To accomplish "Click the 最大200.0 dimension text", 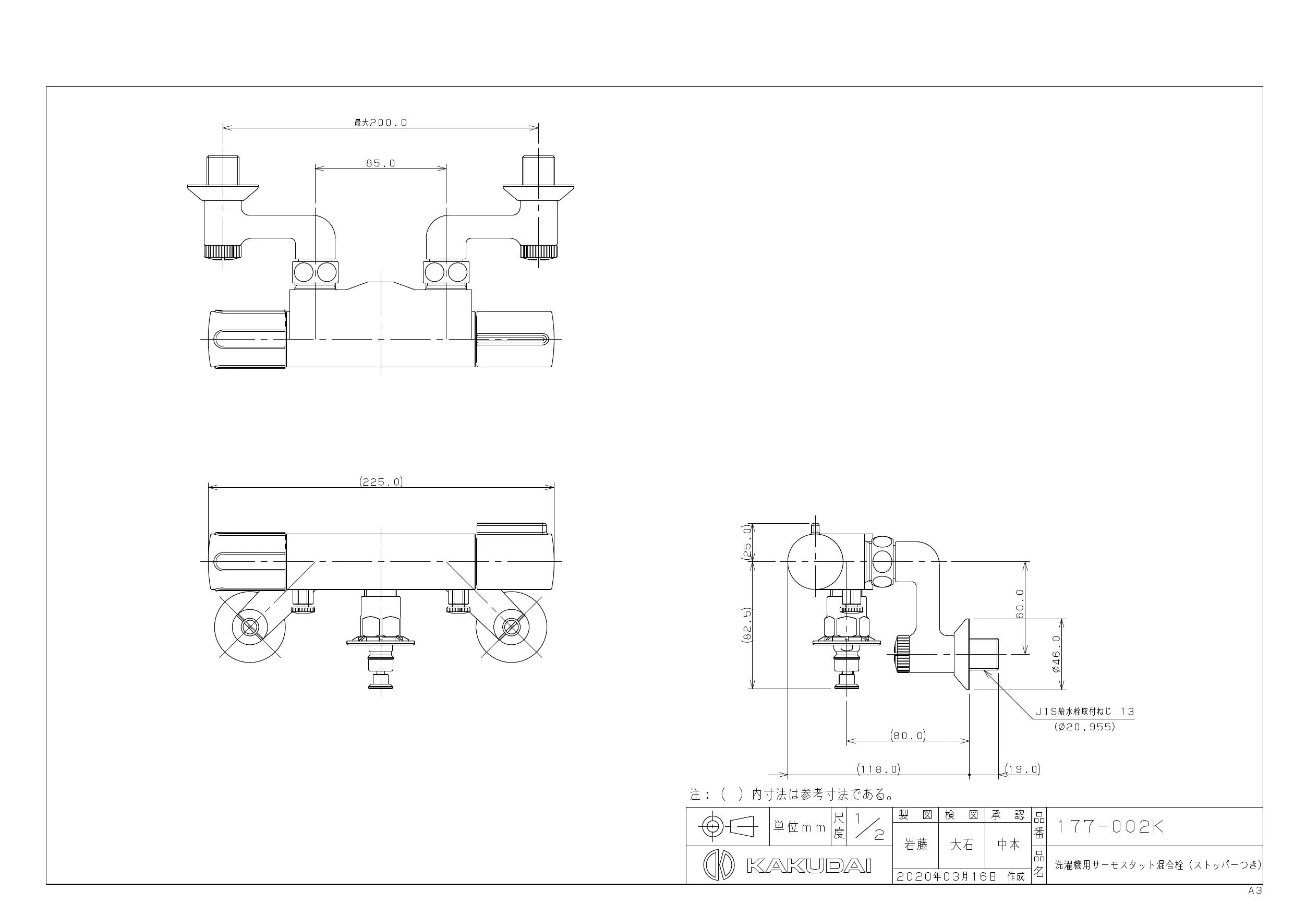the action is pos(380,123).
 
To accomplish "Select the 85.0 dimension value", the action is pos(380,163).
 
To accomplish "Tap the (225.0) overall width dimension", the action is pos(381,482).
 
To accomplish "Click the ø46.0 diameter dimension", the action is pos(1056,655).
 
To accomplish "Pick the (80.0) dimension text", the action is pos(908,736).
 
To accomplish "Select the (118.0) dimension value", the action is pos(878,769).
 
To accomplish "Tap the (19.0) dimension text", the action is pos(1022,769).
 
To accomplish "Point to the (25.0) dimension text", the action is pos(747,543).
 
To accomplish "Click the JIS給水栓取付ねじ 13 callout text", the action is pos(1084,712).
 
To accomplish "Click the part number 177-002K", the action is pos(1109,827).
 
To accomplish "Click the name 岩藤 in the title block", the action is pos(916,845).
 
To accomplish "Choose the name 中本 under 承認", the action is pos(1008,845).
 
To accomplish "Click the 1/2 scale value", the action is pos(869,826).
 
